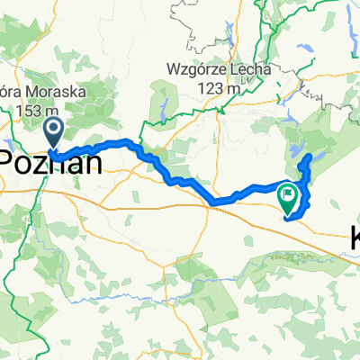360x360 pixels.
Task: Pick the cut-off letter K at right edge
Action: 354,238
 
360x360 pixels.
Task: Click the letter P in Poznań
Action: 10,162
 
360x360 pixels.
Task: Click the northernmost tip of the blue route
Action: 310,156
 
